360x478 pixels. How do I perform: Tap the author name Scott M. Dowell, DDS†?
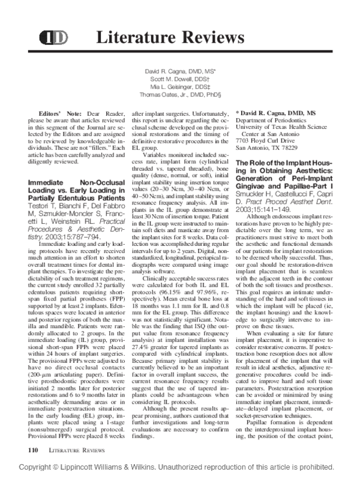pos(181,79)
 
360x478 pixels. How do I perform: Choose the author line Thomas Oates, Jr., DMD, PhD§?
pos(181,94)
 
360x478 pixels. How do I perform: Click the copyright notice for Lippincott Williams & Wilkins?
pos(180,467)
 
